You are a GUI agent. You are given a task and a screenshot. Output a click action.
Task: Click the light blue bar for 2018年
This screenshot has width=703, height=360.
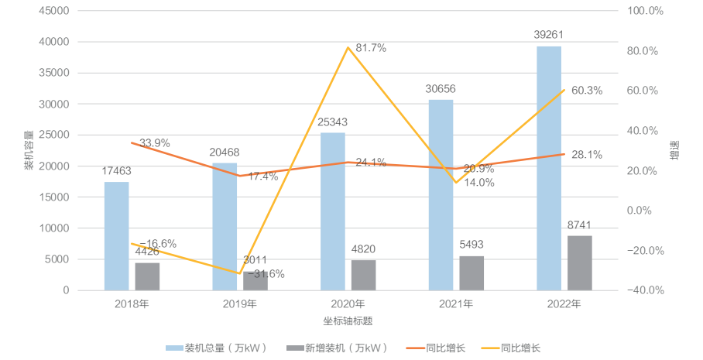pos(116,236)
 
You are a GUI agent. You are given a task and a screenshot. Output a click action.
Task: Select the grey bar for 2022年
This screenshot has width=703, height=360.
pos(579,263)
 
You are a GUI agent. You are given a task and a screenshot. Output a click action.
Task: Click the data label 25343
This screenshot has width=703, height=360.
pos(333,122)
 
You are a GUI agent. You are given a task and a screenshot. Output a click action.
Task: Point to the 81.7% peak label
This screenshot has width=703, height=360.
pos(369,48)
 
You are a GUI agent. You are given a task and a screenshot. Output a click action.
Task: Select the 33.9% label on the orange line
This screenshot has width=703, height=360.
pos(155,143)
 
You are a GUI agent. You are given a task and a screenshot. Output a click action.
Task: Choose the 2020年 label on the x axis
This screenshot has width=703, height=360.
pos(348,303)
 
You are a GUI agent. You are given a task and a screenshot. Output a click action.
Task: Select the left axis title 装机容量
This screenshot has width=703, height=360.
pos(29,151)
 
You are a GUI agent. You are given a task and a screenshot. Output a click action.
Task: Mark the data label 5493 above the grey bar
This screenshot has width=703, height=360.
pos(472,244)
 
